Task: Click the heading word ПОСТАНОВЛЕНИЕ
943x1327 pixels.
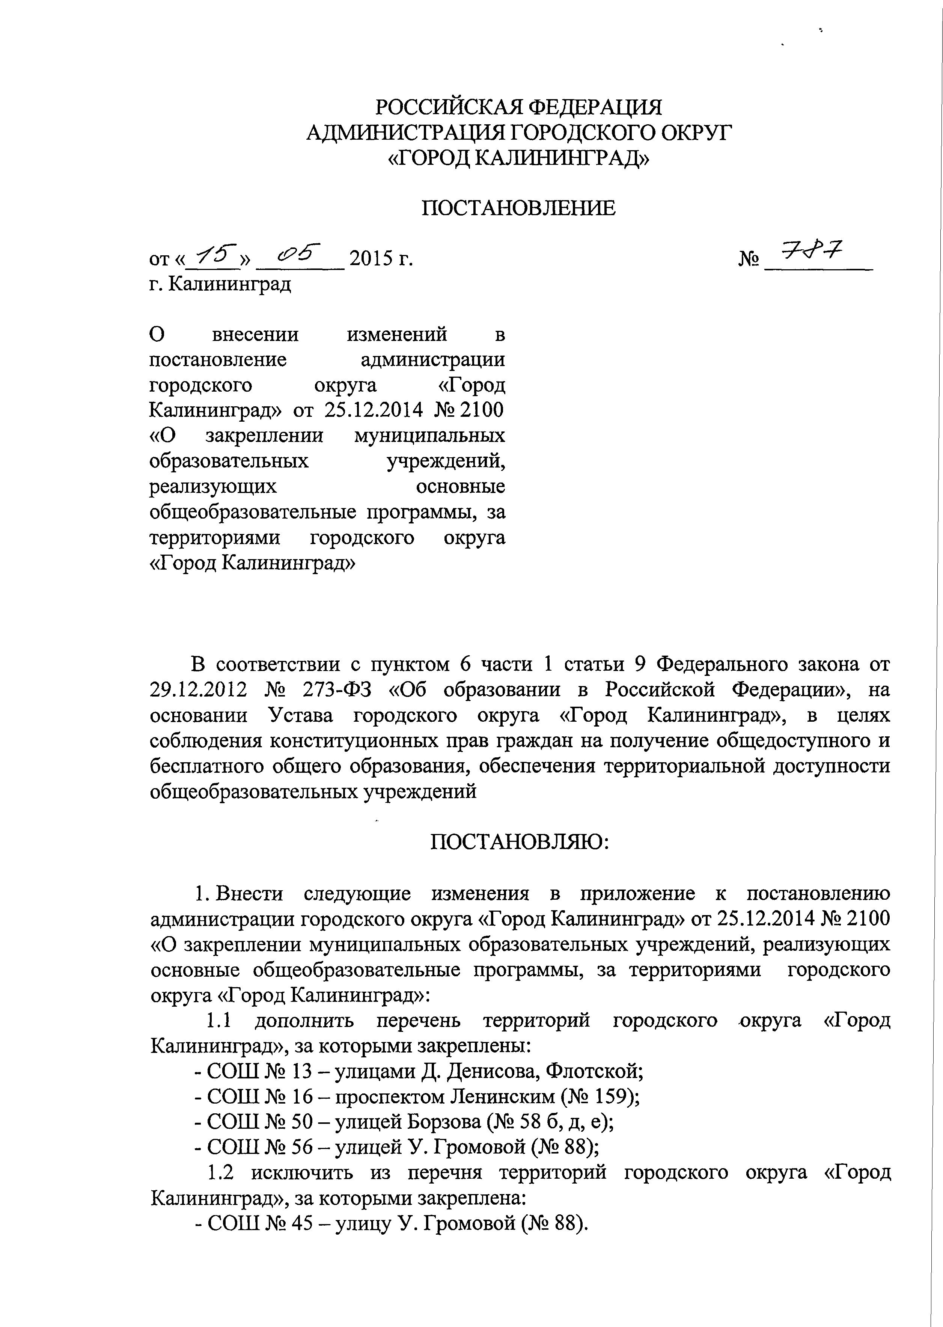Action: [x=518, y=208]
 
